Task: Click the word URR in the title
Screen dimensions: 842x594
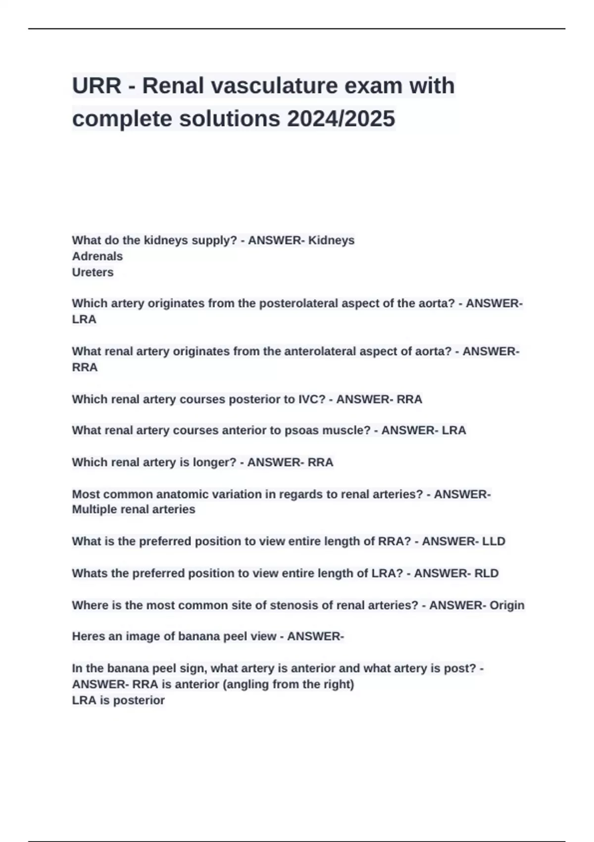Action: (97, 86)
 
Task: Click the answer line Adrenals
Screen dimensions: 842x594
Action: (98, 256)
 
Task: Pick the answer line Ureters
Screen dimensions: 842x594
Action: (93, 272)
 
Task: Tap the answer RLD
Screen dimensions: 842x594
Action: (487, 573)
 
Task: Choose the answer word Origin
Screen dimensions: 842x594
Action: (507, 605)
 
